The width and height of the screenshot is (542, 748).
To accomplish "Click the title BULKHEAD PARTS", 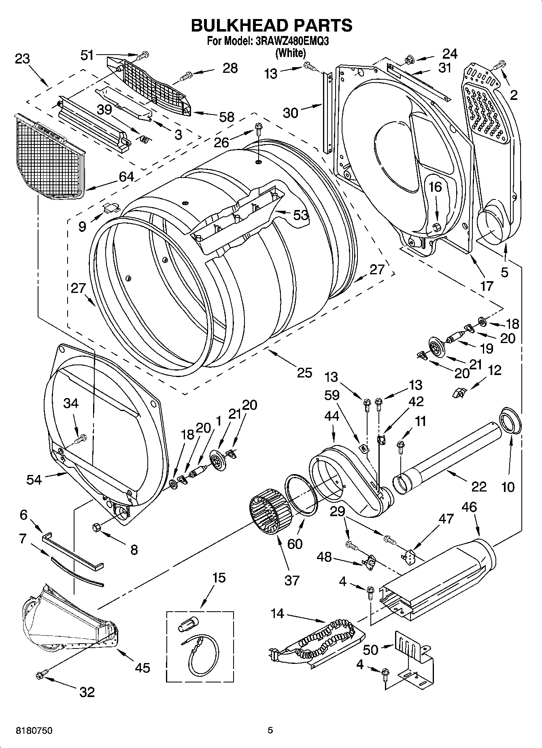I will (271, 25).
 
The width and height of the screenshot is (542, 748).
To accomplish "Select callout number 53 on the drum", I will (301, 215).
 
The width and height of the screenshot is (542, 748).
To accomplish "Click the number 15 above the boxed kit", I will (219, 578).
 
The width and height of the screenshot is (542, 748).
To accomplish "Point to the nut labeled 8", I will (97, 527).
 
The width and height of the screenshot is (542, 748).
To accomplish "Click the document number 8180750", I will (34, 731).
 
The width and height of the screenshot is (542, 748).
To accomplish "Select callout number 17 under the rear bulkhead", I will (486, 286).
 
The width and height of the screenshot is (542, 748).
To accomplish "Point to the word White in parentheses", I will (290, 53).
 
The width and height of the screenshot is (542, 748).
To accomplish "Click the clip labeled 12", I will (458, 392).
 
